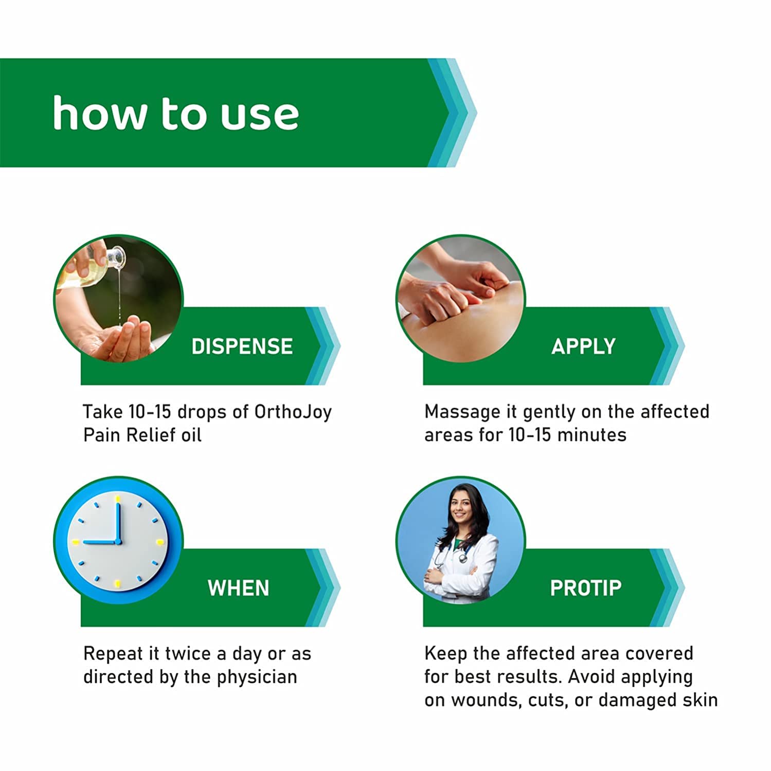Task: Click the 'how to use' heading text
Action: tap(175, 113)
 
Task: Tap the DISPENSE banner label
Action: tap(242, 346)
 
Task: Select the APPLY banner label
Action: tap(583, 346)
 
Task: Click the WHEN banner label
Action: tap(238, 588)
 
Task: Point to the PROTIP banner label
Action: tap(586, 588)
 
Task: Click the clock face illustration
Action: tap(118, 541)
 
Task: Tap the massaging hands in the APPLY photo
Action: tap(453, 293)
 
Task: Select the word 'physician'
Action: tap(257, 677)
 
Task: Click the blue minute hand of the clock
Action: tap(118, 522)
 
